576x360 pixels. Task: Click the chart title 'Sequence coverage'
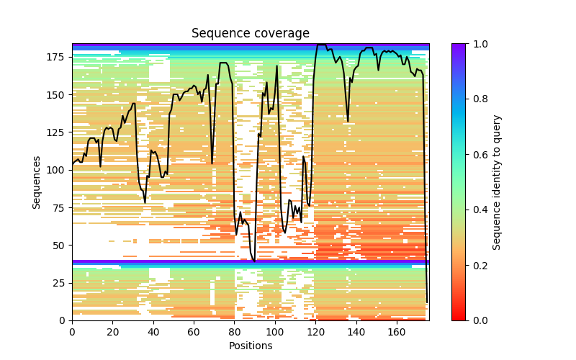pyautogui.click(x=251, y=34)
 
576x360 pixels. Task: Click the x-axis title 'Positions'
pyautogui.click(x=251, y=346)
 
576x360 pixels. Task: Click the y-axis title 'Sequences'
pyautogui.click(x=36, y=181)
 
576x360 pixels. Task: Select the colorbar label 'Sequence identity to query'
pyautogui.click(x=497, y=181)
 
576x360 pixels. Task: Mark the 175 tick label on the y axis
pyautogui.click(x=57, y=57)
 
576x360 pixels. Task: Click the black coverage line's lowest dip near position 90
pyautogui.click(x=254, y=261)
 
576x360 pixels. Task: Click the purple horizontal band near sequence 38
pyautogui.click(x=251, y=262)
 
